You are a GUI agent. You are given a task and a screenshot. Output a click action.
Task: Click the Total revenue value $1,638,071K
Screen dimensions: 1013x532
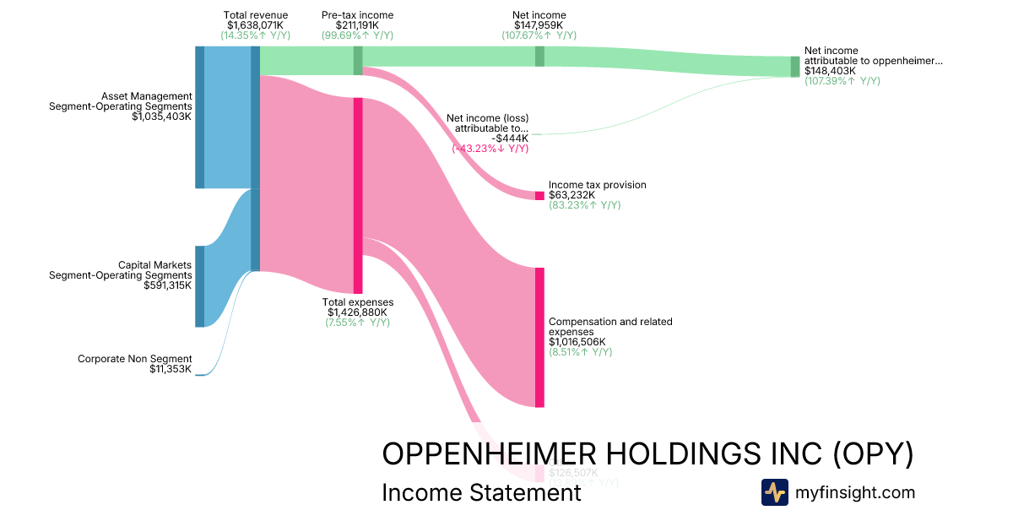pyautogui.click(x=256, y=25)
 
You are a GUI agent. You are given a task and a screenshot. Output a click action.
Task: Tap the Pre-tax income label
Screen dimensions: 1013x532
pyautogui.click(x=357, y=15)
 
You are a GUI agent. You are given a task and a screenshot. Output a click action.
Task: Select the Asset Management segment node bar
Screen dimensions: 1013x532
pyautogui.click(x=200, y=117)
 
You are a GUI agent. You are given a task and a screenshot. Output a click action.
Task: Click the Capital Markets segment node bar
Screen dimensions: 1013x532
pyautogui.click(x=200, y=286)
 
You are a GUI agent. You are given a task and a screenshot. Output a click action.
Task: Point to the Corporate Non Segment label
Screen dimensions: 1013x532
pyautogui.click(x=135, y=359)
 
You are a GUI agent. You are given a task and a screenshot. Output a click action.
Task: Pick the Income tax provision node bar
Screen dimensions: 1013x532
pyautogui.click(x=539, y=196)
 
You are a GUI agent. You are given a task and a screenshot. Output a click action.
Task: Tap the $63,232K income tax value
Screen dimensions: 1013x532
pyautogui.click(x=572, y=195)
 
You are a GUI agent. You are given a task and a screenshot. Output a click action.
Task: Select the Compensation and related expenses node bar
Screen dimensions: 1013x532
pyautogui.click(x=539, y=338)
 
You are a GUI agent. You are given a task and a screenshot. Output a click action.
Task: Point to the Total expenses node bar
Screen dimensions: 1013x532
pyautogui.click(x=358, y=195)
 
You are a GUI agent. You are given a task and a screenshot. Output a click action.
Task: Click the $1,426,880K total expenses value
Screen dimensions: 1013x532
pyautogui.click(x=357, y=312)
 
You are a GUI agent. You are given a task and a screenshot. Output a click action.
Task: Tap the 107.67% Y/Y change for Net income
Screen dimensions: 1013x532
pyautogui.click(x=539, y=35)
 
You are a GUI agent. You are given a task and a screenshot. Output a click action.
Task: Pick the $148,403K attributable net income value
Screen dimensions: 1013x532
pyautogui.click(x=830, y=71)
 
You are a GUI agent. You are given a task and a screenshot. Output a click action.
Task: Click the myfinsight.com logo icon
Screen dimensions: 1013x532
pyautogui.click(x=774, y=492)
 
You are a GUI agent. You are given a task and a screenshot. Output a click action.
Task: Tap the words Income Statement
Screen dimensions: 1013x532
pyautogui.click(x=481, y=492)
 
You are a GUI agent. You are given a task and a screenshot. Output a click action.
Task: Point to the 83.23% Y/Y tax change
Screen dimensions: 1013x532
pyautogui.click(x=584, y=205)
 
